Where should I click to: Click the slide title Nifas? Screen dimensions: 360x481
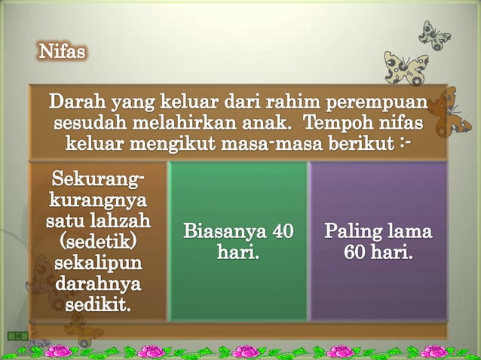point(62,53)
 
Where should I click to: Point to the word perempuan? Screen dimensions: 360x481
point(375,102)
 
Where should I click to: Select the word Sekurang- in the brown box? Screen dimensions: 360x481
point(97,181)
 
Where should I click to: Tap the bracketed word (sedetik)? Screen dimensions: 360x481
point(97,243)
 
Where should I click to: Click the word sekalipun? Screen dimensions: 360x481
point(97,264)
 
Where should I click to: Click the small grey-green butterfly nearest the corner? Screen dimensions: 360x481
point(435,34)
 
